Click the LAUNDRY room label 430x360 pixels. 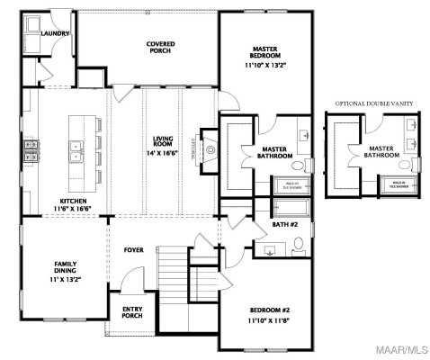[x=55, y=33]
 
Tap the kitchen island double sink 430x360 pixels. [x=76, y=147]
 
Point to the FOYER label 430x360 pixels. [x=134, y=250]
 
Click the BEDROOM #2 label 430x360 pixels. [x=268, y=314]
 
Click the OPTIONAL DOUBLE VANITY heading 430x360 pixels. [x=374, y=103]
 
